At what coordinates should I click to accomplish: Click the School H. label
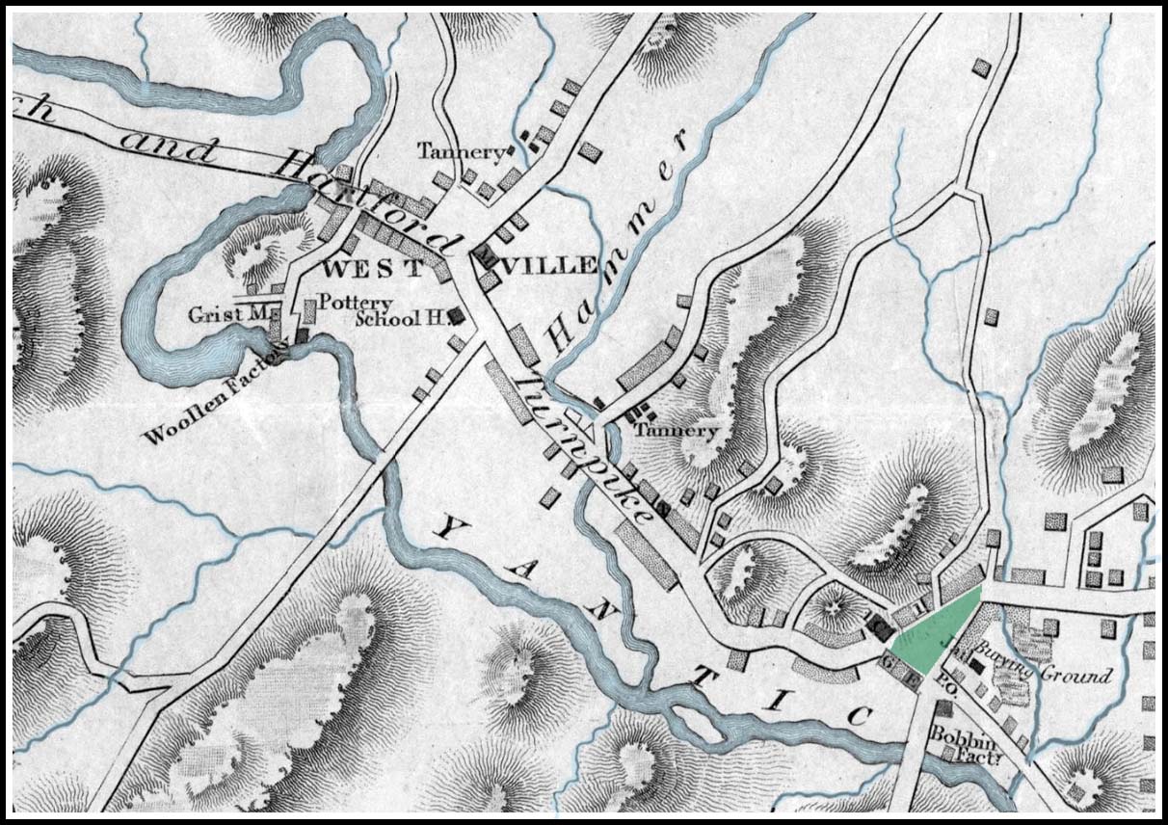click(x=403, y=319)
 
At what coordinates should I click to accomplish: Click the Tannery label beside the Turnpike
click(x=675, y=431)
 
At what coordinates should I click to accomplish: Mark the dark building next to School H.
click(x=460, y=315)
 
